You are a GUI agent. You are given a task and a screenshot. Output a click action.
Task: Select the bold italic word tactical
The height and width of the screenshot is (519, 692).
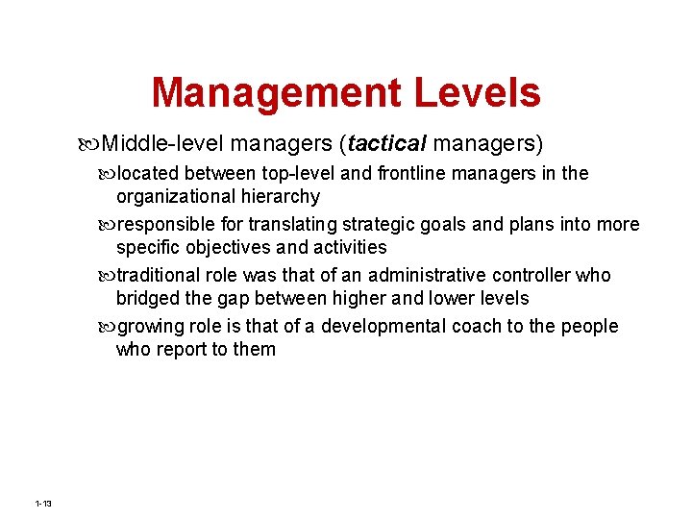point(387,144)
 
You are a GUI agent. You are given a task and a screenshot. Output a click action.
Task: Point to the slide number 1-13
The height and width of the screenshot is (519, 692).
point(42,504)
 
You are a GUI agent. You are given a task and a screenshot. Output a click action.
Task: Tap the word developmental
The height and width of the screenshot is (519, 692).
point(375,327)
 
